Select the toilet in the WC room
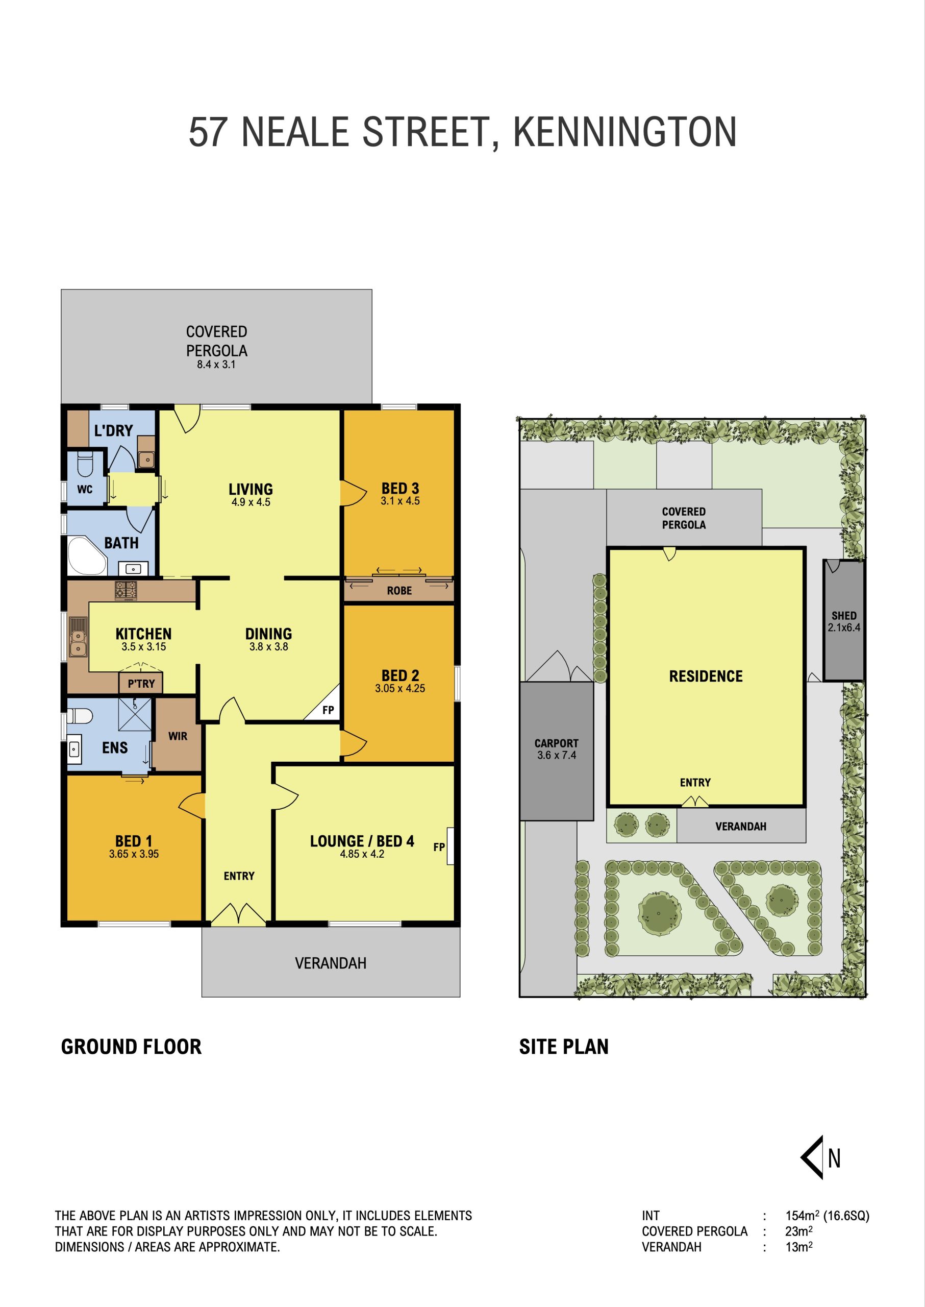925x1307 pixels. pyautogui.click(x=84, y=464)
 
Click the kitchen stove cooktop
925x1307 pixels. pyautogui.click(x=126, y=591)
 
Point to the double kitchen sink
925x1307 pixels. pyautogui.click(x=78, y=636)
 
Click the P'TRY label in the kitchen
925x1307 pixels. pyautogui.click(x=141, y=684)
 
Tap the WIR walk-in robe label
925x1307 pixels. pyautogui.click(x=178, y=736)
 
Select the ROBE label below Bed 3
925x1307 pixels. pyautogui.click(x=399, y=591)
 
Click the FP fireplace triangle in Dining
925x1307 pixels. pyautogui.click(x=323, y=705)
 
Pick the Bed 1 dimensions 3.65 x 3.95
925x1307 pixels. pyautogui.click(x=134, y=854)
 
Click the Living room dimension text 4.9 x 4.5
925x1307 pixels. pyautogui.click(x=251, y=502)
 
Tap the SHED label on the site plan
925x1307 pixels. pyautogui.click(x=843, y=616)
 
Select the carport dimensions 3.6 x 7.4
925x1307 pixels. pyautogui.click(x=557, y=755)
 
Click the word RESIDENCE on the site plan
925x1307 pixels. pyautogui.click(x=706, y=676)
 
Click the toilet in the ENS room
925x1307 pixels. pyautogui.click(x=79, y=715)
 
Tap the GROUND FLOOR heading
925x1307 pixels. pyautogui.click(x=131, y=1047)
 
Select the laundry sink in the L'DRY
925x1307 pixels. pyautogui.click(x=146, y=458)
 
